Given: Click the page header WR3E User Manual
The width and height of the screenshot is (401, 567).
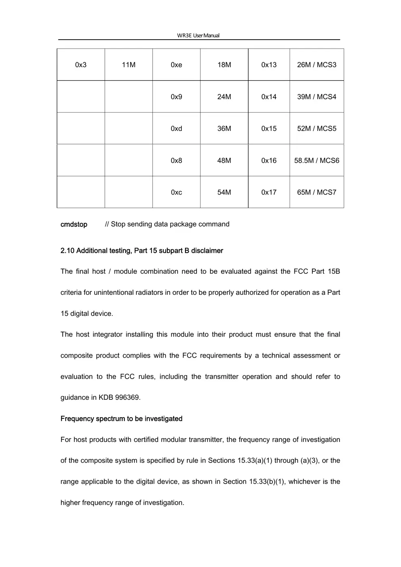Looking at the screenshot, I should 198,35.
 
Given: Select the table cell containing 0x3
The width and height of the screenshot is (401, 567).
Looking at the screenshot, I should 81,65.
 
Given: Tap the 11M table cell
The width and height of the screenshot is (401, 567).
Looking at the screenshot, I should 128,65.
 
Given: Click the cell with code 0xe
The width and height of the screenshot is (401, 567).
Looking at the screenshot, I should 176,65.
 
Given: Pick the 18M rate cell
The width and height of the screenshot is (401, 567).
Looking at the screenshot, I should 224,65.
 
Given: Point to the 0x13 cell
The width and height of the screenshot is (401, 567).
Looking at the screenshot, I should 269,65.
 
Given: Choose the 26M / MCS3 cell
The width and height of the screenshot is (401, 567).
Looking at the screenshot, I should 316,65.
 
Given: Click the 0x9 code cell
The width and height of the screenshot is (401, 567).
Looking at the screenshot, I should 176,97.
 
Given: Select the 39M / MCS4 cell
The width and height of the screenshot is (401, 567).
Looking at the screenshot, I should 316,97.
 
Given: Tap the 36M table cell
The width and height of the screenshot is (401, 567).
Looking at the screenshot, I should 224,128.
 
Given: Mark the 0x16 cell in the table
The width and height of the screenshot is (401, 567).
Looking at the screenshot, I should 269,160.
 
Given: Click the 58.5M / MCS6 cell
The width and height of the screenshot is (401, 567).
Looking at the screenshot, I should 316,160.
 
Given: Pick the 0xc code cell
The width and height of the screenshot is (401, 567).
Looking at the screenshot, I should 176,192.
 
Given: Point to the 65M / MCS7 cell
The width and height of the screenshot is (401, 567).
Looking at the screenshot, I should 316,192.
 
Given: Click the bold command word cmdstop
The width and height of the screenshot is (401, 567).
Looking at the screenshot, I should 74,224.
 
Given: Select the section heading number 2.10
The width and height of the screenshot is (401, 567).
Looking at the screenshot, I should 67,251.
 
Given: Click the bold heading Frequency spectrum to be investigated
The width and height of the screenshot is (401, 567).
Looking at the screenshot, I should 121,419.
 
